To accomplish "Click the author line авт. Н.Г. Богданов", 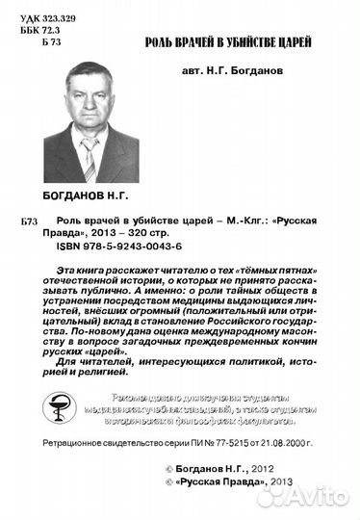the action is click(x=232, y=83).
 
